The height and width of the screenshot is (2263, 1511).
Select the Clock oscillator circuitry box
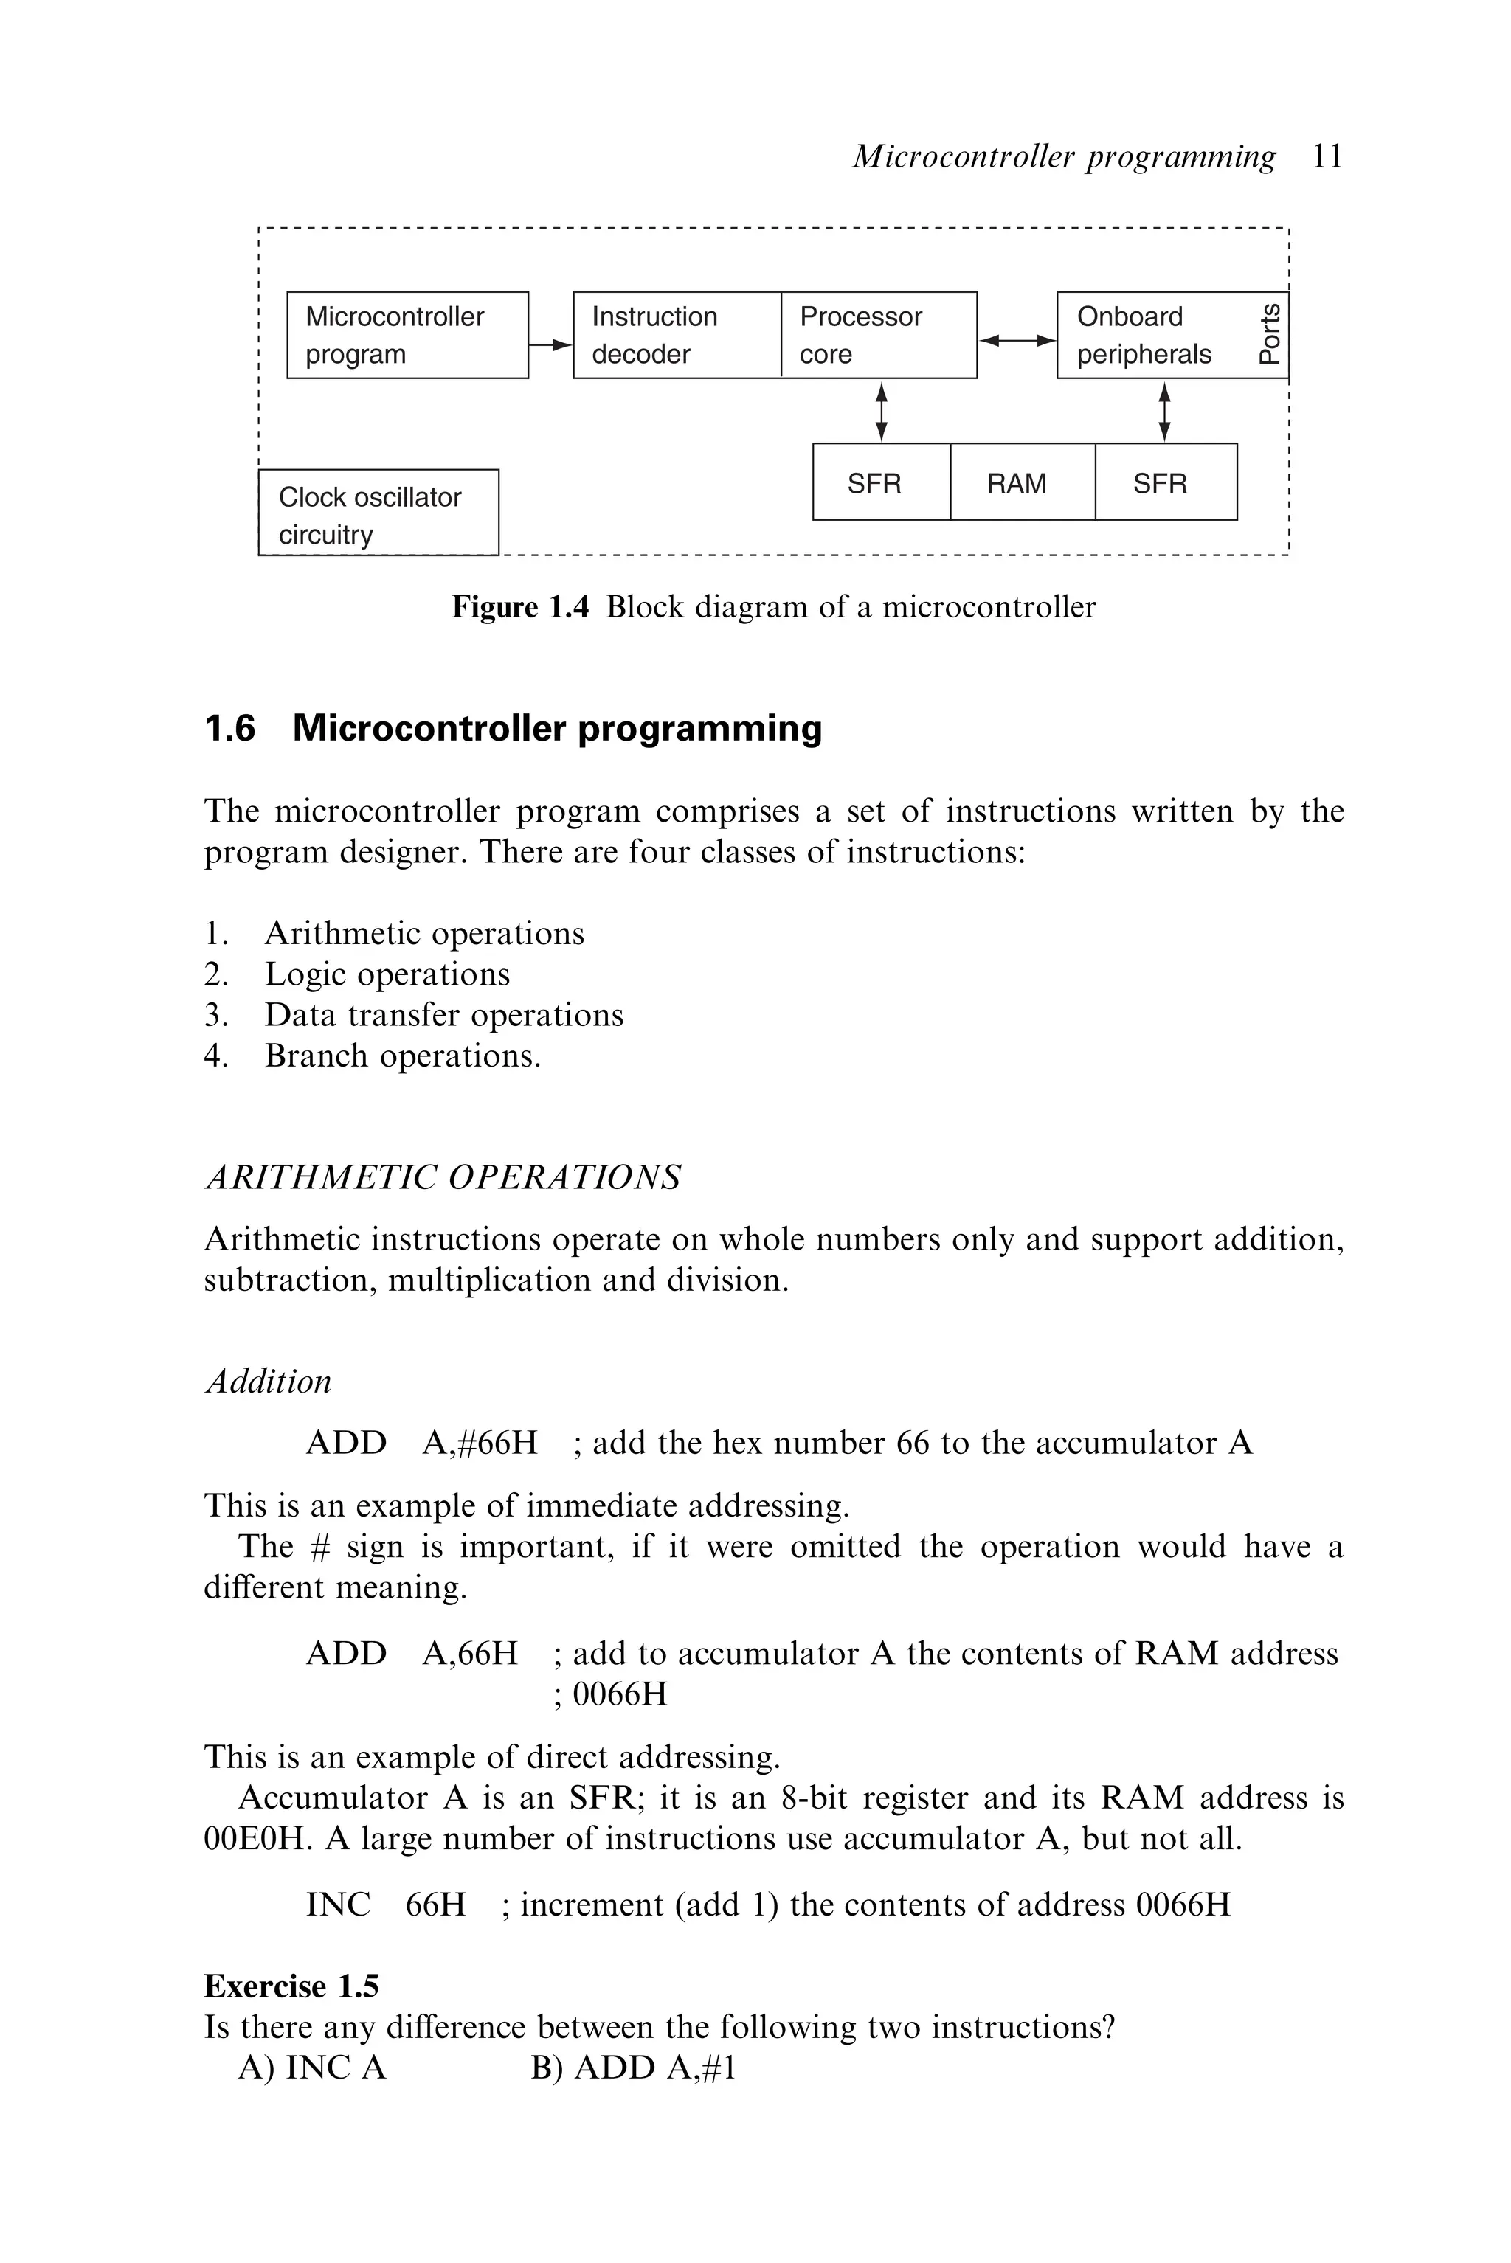378,513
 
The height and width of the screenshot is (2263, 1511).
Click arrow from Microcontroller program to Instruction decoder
550,344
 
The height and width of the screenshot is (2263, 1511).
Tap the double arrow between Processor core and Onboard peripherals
1017,339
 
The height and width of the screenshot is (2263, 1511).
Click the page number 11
1327,156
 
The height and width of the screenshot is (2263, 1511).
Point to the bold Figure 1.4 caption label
519,607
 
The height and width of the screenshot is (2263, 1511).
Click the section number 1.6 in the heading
230,728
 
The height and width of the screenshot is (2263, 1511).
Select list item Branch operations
402,1056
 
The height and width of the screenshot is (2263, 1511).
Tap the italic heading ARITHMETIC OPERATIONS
443,1177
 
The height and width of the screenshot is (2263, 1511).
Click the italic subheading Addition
268,1381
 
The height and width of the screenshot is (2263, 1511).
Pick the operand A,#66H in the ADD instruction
479,1442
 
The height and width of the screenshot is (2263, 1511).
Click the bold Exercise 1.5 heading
291,1986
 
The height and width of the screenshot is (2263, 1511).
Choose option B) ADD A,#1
633,2068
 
